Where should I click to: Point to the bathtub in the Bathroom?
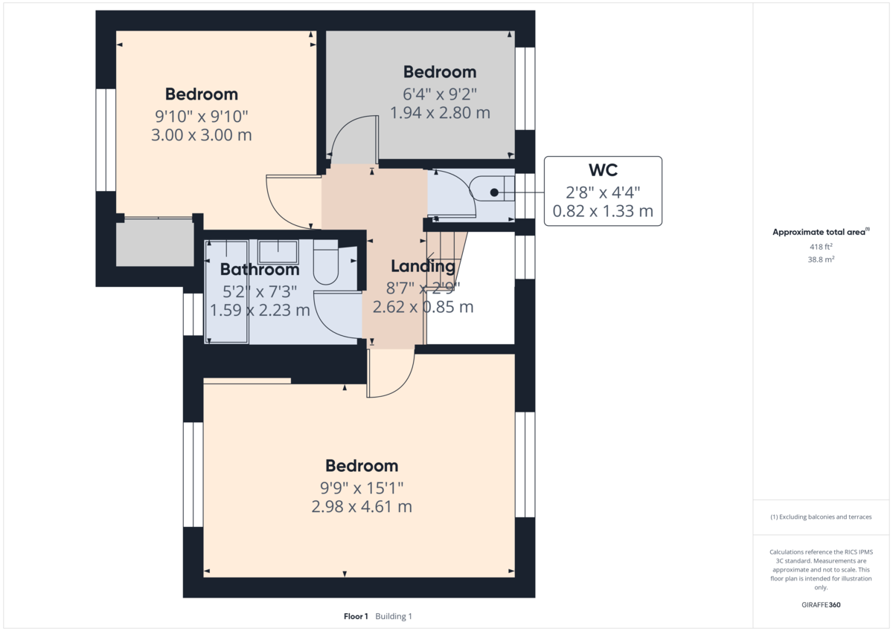(227, 291)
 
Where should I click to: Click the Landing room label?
(423, 266)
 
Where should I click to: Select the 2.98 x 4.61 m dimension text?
(362, 507)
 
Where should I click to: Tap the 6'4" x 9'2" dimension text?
(439, 94)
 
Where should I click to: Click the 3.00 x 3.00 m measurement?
(202, 135)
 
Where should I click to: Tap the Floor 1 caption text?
(356, 616)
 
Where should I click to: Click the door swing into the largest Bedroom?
(391, 372)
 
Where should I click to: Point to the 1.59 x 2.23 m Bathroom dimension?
(260, 310)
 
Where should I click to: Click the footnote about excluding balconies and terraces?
(820, 517)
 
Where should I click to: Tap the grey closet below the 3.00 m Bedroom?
(155, 242)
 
